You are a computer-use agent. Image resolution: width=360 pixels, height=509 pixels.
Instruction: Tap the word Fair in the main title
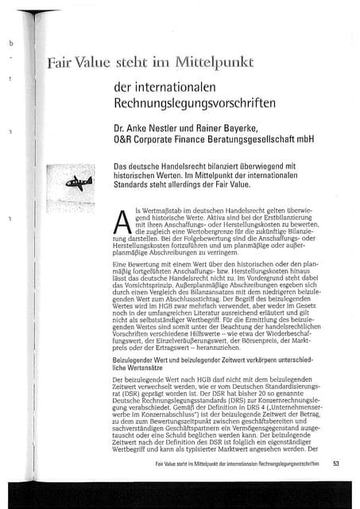(60, 62)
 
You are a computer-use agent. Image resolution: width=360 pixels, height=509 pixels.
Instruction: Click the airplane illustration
(79, 184)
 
